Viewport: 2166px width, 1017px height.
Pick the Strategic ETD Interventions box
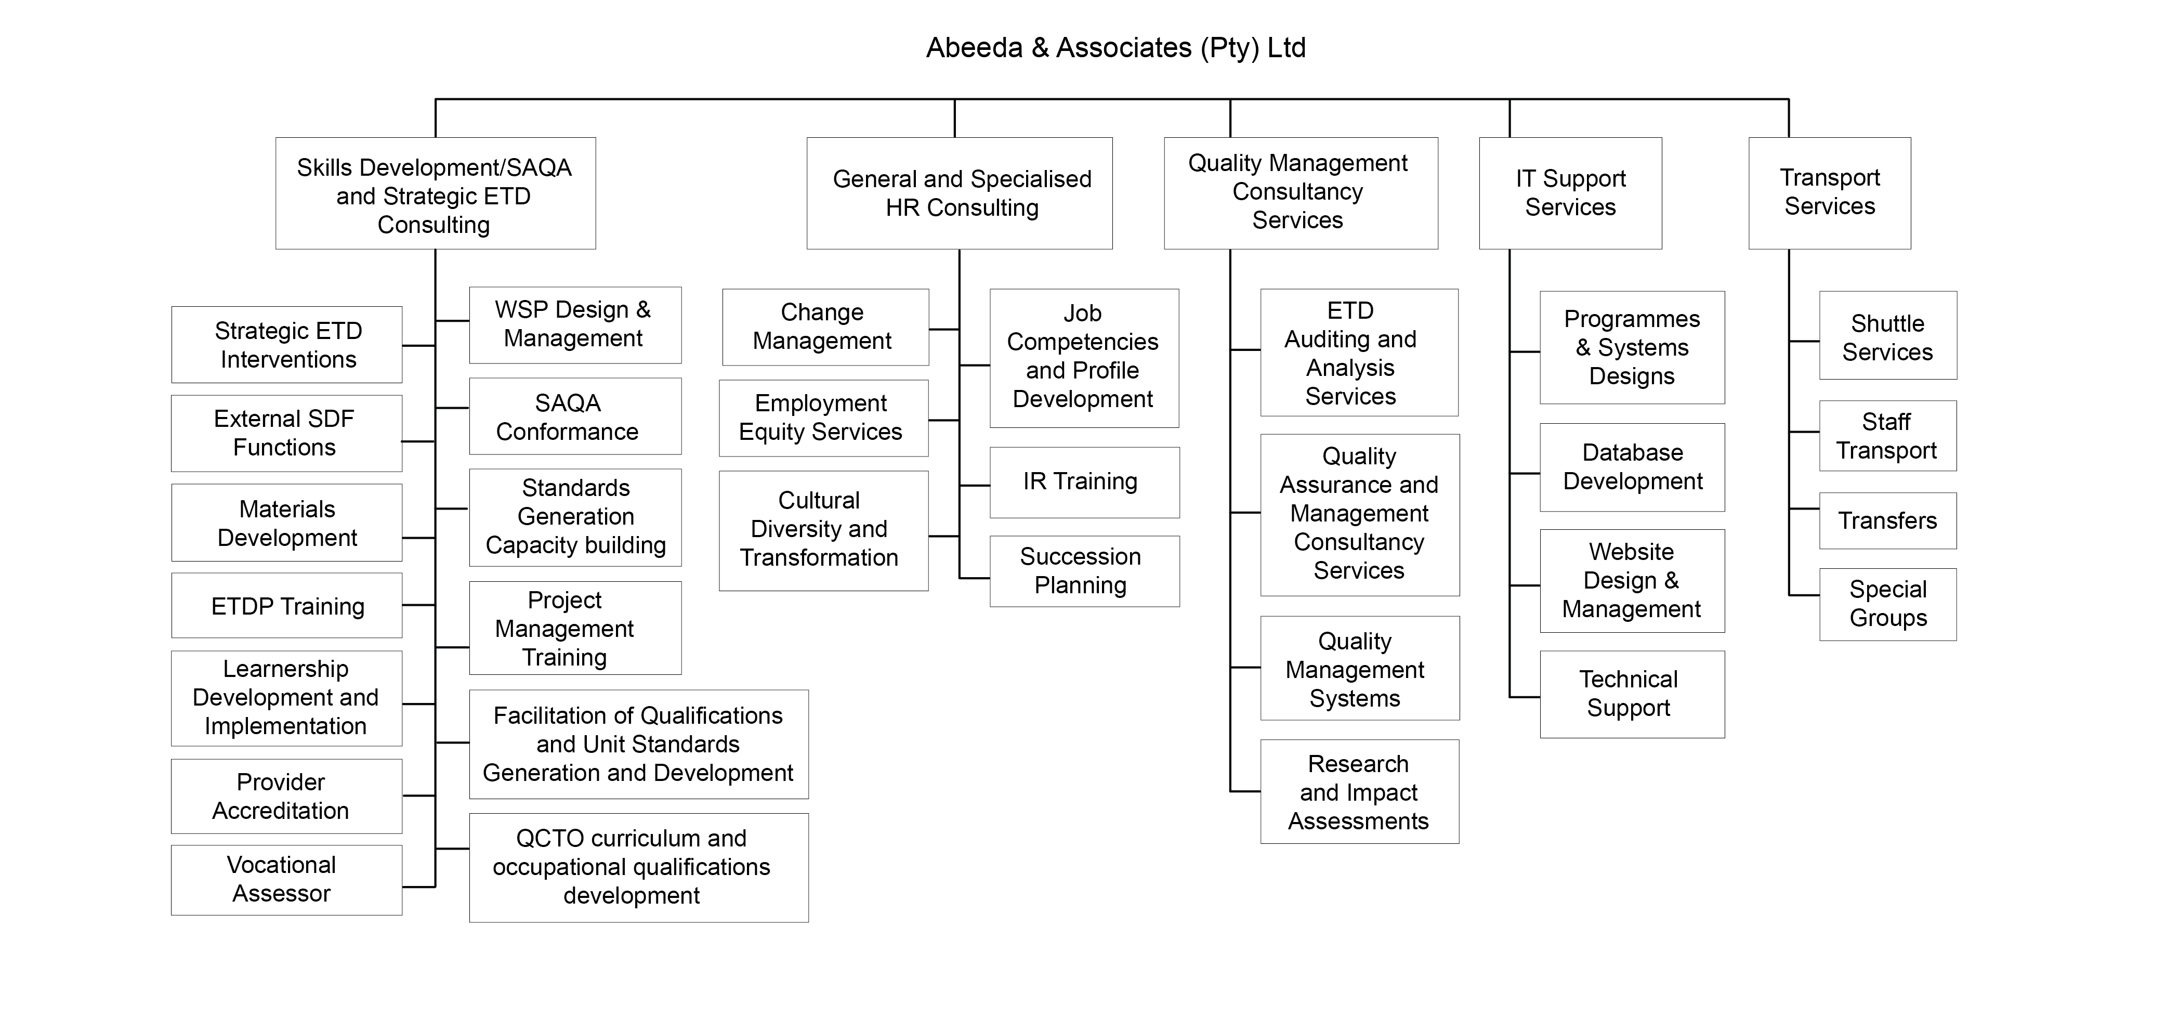click(x=287, y=345)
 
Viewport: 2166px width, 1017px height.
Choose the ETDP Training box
click(x=287, y=606)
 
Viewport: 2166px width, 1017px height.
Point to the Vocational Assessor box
click(x=287, y=879)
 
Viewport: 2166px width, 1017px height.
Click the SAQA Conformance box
click(x=575, y=416)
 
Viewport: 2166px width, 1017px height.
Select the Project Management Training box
click(x=575, y=629)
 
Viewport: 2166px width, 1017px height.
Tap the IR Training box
click(x=1084, y=482)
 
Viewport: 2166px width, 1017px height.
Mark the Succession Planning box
click(x=1084, y=571)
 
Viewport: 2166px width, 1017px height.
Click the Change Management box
click(x=825, y=327)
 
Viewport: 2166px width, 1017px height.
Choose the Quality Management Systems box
click(x=1359, y=669)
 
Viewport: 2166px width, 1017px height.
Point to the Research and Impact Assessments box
click(x=1359, y=791)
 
